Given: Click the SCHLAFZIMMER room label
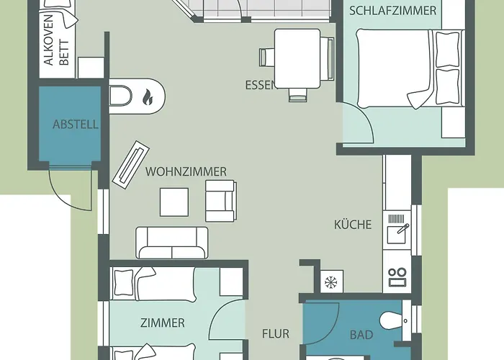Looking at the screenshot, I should (x=392, y=10).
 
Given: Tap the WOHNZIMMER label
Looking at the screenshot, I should (x=186, y=172).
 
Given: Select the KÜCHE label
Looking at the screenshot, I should (x=353, y=225).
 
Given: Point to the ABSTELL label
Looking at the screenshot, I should (x=75, y=125).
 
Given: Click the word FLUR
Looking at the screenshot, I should (x=275, y=334).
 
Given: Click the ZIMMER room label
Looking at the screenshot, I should (x=163, y=323).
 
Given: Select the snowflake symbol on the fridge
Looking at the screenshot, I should (x=331, y=280).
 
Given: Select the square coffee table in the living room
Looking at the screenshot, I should (x=174, y=202).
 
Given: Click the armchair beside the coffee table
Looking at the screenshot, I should (x=220, y=200).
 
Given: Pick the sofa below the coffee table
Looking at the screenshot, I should (x=172, y=243).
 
